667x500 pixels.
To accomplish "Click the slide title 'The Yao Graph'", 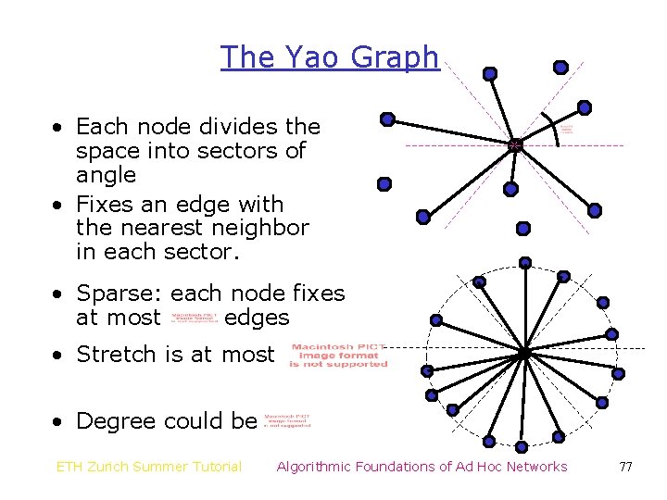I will tap(329, 57).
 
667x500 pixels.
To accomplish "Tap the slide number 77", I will tap(625, 467).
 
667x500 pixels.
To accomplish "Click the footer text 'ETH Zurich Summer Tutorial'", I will tap(149, 467).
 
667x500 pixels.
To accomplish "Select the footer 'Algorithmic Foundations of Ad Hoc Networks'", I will tap(422, 467).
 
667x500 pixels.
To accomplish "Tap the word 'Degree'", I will tap(115, 421).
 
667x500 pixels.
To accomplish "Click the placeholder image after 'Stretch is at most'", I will tap(338, 356).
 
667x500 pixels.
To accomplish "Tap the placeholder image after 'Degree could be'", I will tap(287, 421).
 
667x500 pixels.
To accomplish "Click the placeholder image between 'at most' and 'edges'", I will tap(195, 319).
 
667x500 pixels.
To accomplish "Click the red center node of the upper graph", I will tap(515, 145).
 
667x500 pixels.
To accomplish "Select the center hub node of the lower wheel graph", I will tap(523, 354).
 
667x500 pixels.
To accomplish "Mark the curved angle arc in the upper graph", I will tap(553, 131).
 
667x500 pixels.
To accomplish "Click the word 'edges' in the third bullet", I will tap(257, 319).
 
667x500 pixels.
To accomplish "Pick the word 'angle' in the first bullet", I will tap(106, 175).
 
